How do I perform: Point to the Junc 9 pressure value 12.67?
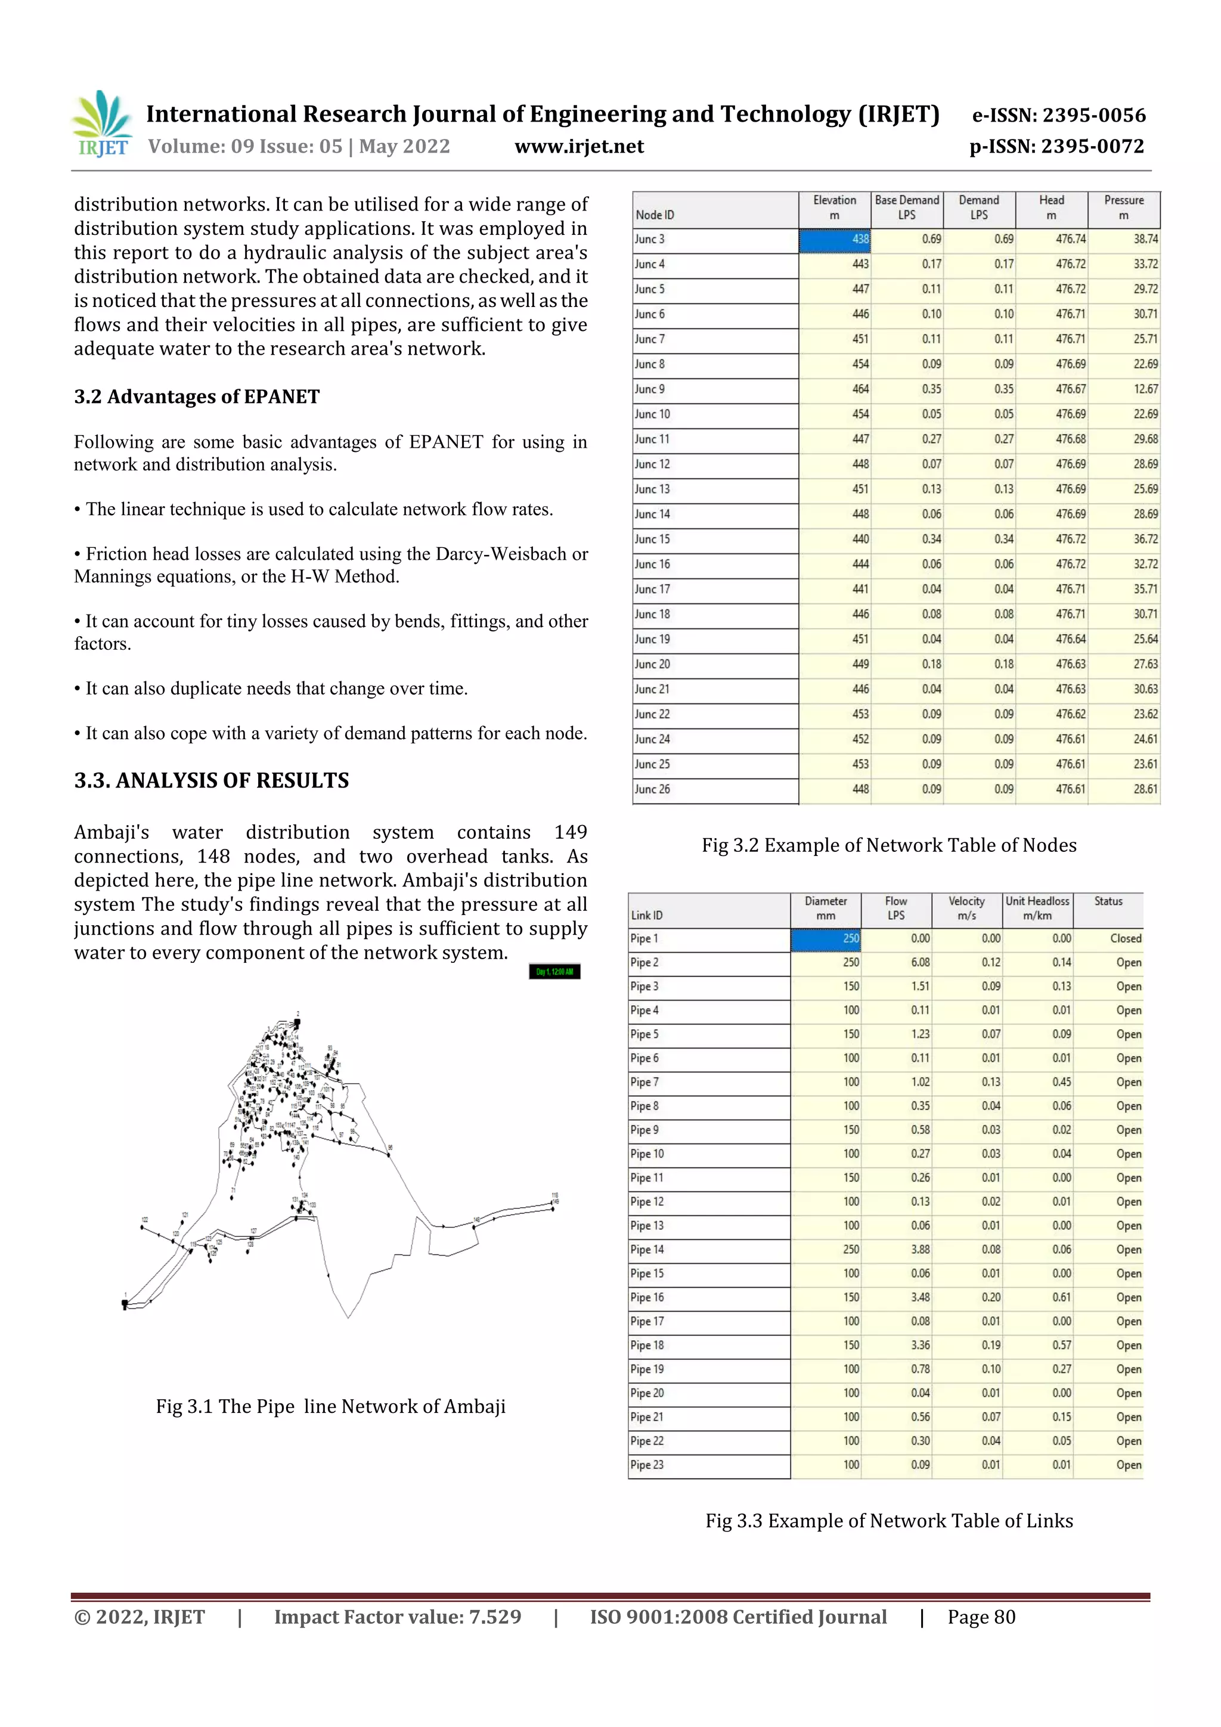(1145, 389)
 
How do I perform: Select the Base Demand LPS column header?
(907, 207)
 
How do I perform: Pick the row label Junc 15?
(652, 540)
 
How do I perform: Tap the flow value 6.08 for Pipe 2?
(919, 963)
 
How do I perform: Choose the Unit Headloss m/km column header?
(1037, 908)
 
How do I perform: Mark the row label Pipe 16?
(647, 1298)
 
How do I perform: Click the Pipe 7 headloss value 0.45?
(1061, 1083)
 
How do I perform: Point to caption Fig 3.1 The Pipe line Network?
(330, 1406)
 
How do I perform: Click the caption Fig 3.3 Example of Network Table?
(888, 1521)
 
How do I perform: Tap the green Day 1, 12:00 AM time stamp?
(554, 972)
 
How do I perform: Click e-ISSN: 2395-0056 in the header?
(1058, 115)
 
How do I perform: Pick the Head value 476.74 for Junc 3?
(1069, 239)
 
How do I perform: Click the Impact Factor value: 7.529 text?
(397, 1617)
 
